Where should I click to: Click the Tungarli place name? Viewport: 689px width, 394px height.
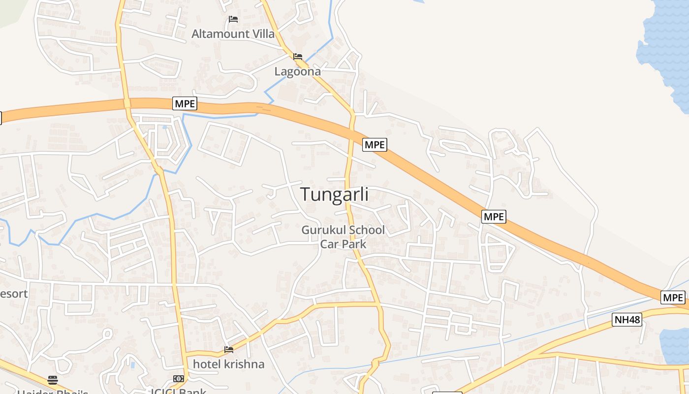(x=334, y=194)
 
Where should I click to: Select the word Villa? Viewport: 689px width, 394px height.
(x=261, y=34)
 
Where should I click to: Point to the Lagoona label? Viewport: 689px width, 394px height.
(x=297, y=71)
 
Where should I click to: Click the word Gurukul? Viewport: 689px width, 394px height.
(x=322, y=230)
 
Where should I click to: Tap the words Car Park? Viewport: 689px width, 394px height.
(x=343, y=243)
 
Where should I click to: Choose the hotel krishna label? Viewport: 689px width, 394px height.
(x=228, y=364)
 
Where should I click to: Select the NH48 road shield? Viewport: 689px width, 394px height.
(x=627, y=320)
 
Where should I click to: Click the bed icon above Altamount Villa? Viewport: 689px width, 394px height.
(x=233, y=19)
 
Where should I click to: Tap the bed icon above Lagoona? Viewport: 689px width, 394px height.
(x=297, y=57)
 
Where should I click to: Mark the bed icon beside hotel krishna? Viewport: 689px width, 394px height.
(x=228, y=350)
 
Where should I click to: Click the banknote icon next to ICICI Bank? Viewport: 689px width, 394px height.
(x=178, y=379)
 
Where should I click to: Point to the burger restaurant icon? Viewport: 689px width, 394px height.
(x=53, y=380)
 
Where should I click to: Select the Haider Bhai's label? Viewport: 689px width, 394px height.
(x=53, y=392)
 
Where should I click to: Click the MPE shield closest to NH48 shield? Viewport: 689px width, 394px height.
(x=673, y=297)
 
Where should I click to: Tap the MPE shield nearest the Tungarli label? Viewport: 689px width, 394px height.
(x=375, y=145)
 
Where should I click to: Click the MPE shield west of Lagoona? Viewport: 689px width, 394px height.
(x=185, y=104)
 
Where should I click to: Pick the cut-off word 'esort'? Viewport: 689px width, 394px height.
(x=14, y=294)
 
